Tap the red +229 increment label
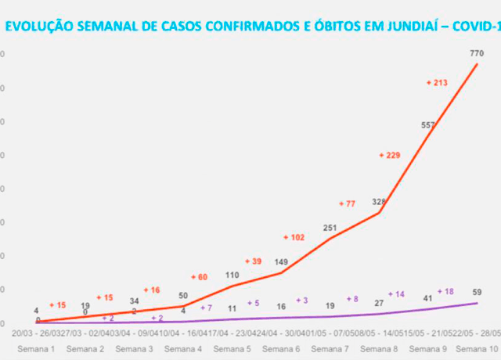click(x=389, y=155)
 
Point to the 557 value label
click(x=428, y=125)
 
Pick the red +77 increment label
click(x=346, y=203)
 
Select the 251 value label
click(x=330, y=228)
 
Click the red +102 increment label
click(x=294, y=237)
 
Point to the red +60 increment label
click(x=200, y=277)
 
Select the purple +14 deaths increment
click(x=395, y=294)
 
